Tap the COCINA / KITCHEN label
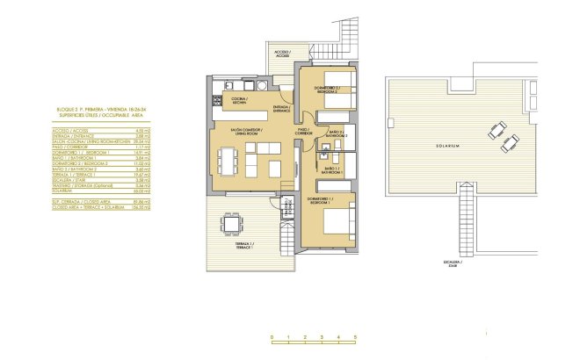tap(237, 99)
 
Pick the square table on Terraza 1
tap(231, 225)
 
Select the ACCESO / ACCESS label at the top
tap(281, 54)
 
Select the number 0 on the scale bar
tap(272, 337)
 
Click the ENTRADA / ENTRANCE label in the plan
tap(282, 109)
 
